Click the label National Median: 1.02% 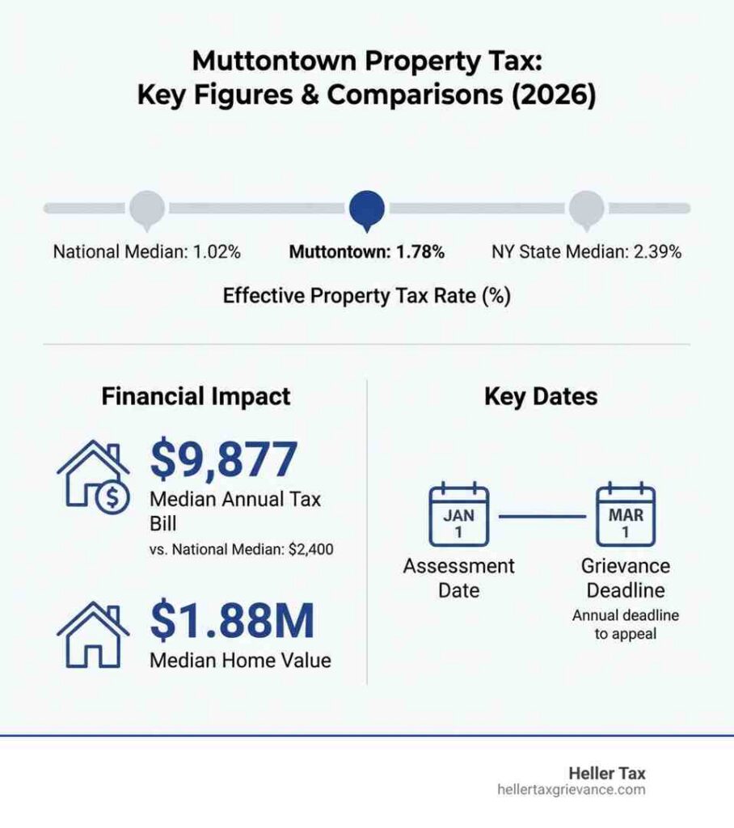(x=146, y=251)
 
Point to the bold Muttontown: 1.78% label (x=367, y=251)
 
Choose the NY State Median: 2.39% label (x=587, y=251)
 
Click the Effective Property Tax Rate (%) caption (x=367, y=296)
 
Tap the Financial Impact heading (x=196, y=397)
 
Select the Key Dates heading (x=541, y=397)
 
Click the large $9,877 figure (x=224, y=459)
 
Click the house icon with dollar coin (x=93, y=478)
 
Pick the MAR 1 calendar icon (x=625, y=514)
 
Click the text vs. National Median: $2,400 (x=243, y=551)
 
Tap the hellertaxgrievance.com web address (x=572, y=790)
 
